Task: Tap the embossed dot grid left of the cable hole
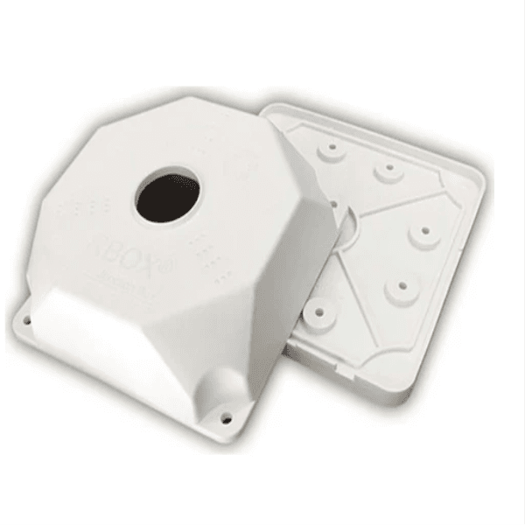click(x=88, y=207)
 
